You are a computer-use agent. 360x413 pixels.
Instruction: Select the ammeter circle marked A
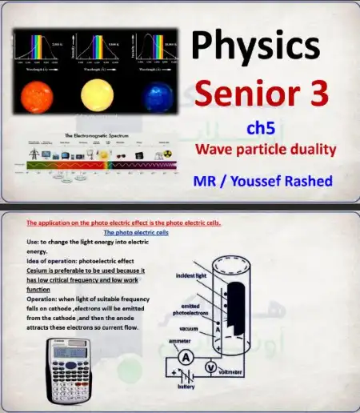coord(185,356)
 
